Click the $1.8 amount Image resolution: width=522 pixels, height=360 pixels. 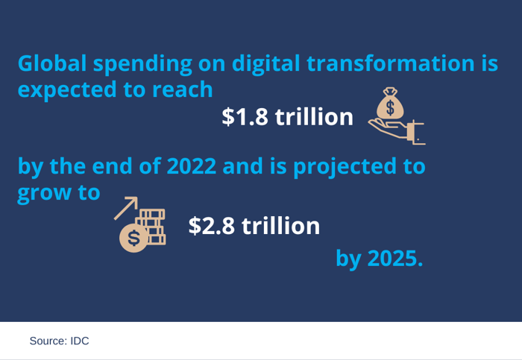coord(245,117)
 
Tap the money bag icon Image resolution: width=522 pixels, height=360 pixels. coord(389,104)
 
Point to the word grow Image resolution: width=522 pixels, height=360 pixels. coord(42,193)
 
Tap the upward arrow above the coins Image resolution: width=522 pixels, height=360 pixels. coord(126,207)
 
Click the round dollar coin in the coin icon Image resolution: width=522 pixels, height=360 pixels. coord(133,238)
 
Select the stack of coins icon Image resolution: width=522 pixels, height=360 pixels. coord(152,227)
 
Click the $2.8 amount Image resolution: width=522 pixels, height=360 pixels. coord(213,226)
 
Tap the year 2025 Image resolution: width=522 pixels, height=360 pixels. coord(395,259)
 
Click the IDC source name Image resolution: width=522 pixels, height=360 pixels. coord(80,341)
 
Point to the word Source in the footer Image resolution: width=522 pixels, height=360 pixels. coord(48,341)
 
